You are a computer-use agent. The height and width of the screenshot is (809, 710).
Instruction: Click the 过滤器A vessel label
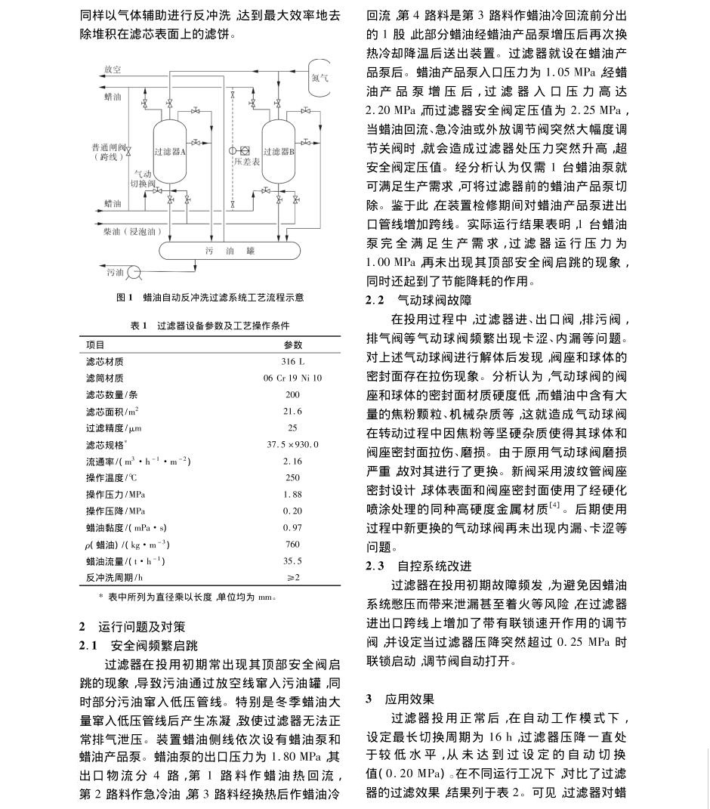(x=169, y=152)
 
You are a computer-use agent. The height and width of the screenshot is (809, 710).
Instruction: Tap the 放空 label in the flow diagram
(x=112, y=70)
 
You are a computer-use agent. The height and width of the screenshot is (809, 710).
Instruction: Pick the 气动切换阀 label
(x=140, y=178)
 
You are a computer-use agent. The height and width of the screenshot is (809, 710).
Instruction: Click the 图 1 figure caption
(x=210, y=298)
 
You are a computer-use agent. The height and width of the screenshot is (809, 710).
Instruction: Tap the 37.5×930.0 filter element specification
(x=292, y=444)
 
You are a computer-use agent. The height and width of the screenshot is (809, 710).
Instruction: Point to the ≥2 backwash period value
(x=292, y=576)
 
